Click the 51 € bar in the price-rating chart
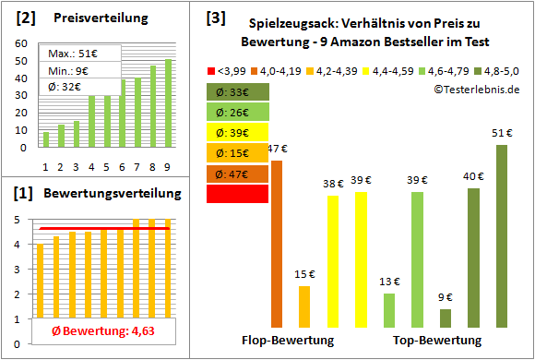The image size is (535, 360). pyautogui.click(x=502, y=235)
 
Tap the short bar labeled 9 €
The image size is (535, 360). pyautogui.click(x=446, y=318)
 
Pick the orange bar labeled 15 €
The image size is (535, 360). pyautogui.click(x=304, y=306)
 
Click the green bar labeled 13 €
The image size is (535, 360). pyautogui.click(x=389, y=310)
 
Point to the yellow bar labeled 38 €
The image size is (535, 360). pyautogui.click(x=333, y=261)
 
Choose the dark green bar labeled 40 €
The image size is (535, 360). pyautogui.click(x=473, y=258)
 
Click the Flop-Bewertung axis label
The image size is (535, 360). pyautogui.click(x=287, y=340)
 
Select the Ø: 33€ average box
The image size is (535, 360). pyautogui.click(x=237, y=91)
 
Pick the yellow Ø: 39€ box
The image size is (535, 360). pyautogui.click(x=237, y=132)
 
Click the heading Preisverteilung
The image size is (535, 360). pyautogui.click(x=96, y=18)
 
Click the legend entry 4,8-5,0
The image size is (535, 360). pyautogui.click(x=497, y=70)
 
